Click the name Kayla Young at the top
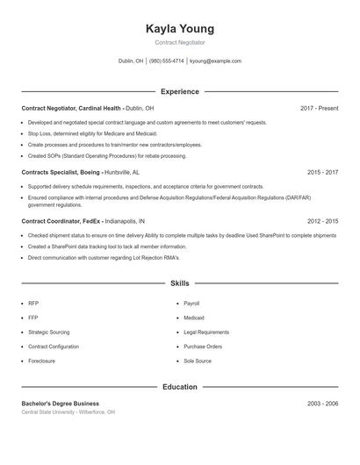click(179, 29)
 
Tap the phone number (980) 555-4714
click(167, 61)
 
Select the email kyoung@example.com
click(216, 61)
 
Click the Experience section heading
click(179, 91)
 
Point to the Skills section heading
click(179, 283)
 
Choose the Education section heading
click(179, 387)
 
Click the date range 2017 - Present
click(319, 108)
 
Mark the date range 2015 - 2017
click(322, 172)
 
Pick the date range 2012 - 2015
click(322, 221)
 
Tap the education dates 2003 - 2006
click(322, 404)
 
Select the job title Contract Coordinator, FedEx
click(62, 221)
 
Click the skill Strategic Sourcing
click(48, 333)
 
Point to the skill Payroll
click(193, 303)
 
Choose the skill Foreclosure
click(41, 361)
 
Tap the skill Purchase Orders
click(203, 347)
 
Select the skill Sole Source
click(198, 361)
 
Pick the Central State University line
click(68, 411)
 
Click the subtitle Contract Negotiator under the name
click(179, 42)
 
